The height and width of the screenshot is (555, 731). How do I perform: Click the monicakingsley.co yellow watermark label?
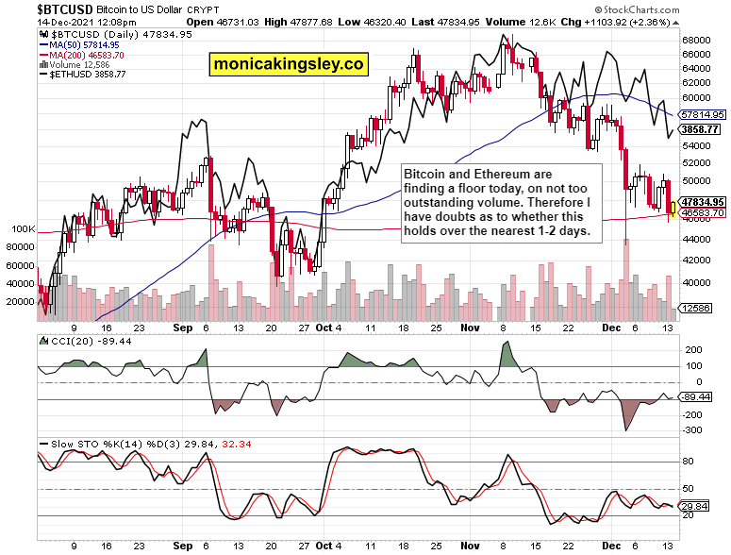288,64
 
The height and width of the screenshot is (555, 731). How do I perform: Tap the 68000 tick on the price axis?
696,41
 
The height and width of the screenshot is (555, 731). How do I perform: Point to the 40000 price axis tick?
696,283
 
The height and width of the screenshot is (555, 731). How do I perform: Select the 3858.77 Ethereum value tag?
702,128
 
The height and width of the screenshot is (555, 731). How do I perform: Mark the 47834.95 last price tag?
703,202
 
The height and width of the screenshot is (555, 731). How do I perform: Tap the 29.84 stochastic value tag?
699,506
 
